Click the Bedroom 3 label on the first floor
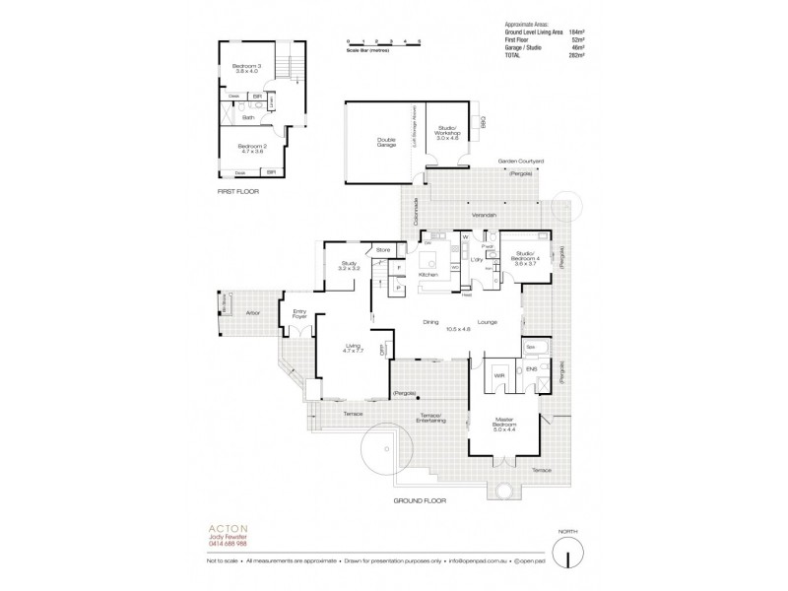coord(247,68)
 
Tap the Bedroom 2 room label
coord(246,148)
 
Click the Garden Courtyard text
coord(521,161)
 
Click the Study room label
coord(348,263)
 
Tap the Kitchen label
coord(427,275)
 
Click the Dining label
coord(430,321)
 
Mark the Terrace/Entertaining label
coord(434,419)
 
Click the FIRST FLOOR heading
coord(239,192)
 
